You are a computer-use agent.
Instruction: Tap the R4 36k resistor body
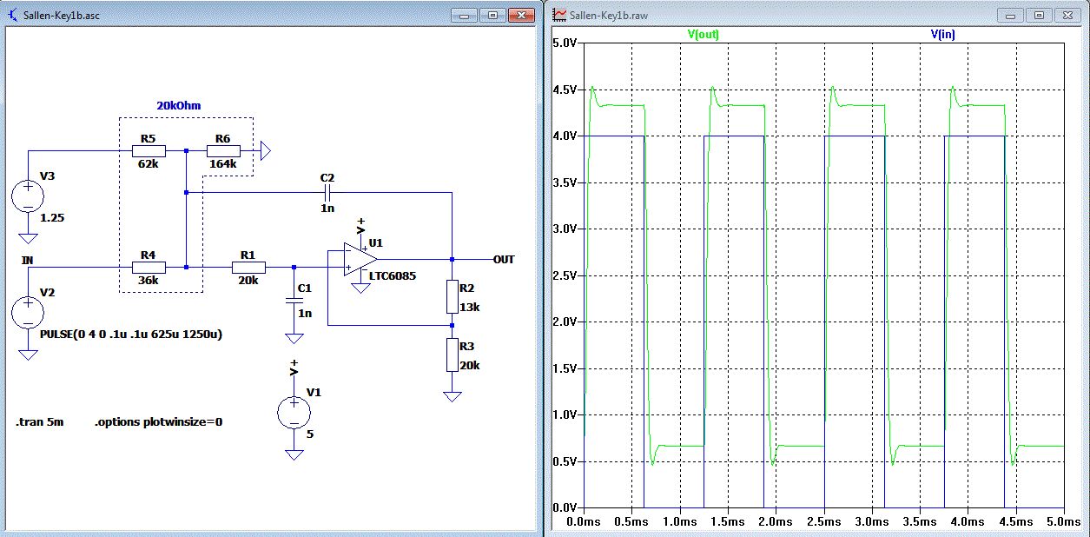pyautogui.click(x=149, y=268)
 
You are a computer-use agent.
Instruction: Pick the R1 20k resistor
pyautogui.click(x=248, y=268)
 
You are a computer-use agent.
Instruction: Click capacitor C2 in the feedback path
pyautogui.click(x=327, y=192)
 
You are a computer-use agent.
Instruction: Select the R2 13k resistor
pyautogui.click(x=452, y=296)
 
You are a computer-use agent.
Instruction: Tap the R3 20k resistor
pyautogui.click(x=452, y=355)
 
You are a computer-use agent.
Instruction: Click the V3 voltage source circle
pyautogui.click(x=28, y=196)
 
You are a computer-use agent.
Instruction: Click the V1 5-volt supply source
pyautogui.click(x=294, y=413)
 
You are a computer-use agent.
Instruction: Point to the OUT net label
pyautogui.click(x=504, y=260)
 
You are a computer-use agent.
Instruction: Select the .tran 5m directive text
pyautogui.click(x=38, y=421)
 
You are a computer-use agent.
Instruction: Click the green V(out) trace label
pyautogui.click(x=704, y=35)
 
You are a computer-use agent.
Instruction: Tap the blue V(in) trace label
pyautogui.click(x=943, y=35)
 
